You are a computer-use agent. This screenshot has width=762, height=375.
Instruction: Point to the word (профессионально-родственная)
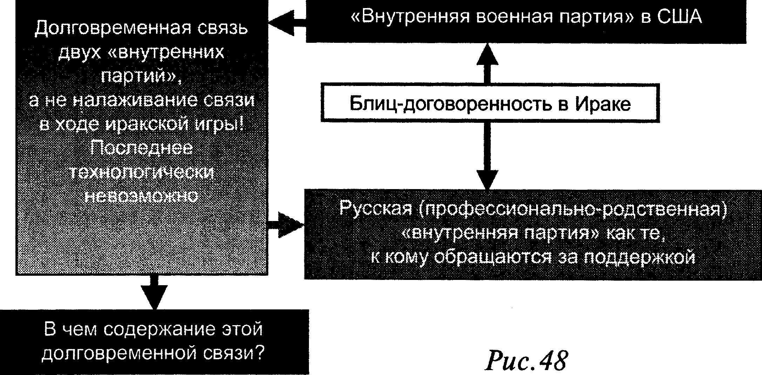570,209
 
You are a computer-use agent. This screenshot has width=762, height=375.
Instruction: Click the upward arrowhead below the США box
487,54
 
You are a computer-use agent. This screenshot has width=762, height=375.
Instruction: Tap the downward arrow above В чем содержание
154,295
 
